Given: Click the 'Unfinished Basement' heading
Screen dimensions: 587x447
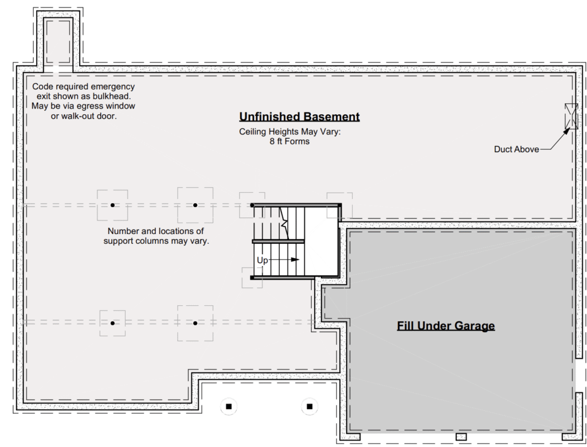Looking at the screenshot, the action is pos(299,116).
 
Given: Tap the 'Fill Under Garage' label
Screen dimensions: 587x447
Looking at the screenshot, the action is pos(446,325).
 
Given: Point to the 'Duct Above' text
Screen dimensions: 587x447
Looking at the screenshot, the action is pos(516,149).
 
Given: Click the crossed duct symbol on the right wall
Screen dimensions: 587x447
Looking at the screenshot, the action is pos(572,116).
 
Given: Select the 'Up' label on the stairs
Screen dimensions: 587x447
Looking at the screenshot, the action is pos(263,260).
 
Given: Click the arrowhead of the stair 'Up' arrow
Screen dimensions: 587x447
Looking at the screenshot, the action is pos(295,260).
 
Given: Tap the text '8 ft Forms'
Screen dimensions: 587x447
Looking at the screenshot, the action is pos(289,142).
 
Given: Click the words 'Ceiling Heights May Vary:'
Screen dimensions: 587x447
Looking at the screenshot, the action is pos(290,132).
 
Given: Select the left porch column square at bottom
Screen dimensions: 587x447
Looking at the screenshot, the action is pos(229,406).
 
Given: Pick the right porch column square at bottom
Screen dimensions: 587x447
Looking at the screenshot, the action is pos(310,406).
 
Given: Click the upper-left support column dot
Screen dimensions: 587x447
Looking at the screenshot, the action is pos(112,205).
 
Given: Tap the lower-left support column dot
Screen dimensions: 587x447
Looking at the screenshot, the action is pos(112,323).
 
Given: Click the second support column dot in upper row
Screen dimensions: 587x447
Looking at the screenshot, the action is pos(195,205).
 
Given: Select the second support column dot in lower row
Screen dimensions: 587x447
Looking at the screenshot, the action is pos(195,323).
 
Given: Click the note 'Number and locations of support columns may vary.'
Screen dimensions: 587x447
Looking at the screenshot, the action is pos(156,236).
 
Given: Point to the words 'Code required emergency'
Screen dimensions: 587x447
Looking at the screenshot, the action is pos(84,87).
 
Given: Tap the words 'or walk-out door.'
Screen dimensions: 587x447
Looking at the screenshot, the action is pos(84,116).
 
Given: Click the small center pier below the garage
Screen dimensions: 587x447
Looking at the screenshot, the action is pos(461,437).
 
